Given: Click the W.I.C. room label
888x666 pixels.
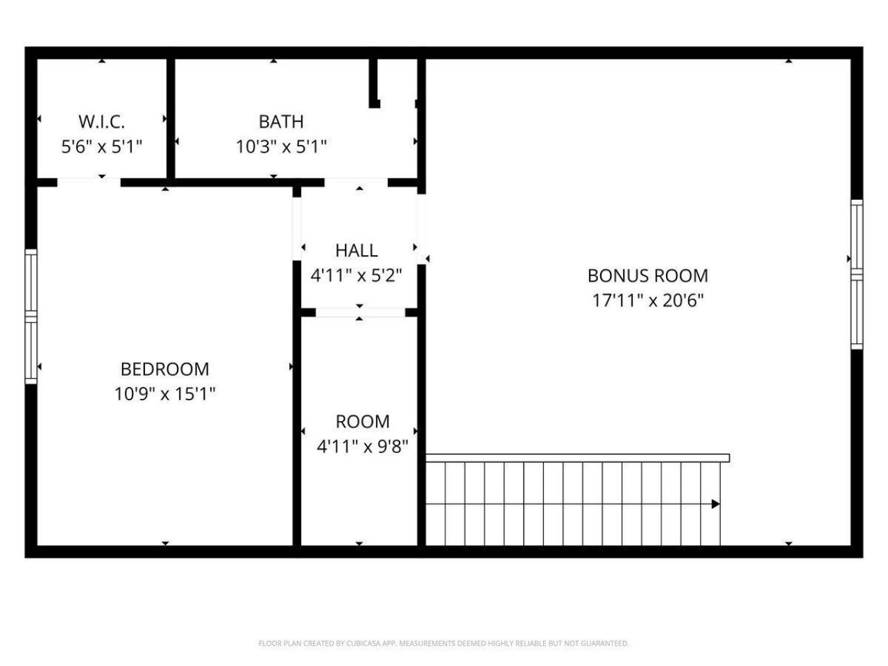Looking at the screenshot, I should pos(102,122).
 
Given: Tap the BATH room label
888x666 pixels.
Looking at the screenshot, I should pos(281,121).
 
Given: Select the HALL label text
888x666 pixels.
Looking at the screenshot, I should pos(357,250).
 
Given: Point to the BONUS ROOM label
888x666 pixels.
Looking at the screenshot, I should pos(648,275).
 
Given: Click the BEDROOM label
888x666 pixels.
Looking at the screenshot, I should pos(165,369).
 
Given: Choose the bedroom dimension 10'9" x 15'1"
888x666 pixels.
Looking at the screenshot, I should pos(165,394).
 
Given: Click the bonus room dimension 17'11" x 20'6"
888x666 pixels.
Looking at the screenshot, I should pos(648,300).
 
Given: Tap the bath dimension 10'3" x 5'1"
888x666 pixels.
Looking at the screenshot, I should pos(281,146).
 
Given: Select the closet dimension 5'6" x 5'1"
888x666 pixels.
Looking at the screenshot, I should pos(102,146).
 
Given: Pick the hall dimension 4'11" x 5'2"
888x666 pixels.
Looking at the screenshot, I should pos(357,275).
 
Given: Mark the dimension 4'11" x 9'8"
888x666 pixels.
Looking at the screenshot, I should pos(362,446).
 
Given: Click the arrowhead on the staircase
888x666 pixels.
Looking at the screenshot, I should pos(715,504).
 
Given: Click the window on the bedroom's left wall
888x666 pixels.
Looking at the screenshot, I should pos(31,316).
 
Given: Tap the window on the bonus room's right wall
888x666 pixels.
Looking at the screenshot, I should pos(857,274).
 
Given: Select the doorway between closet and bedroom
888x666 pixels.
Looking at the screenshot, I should pos(89,182).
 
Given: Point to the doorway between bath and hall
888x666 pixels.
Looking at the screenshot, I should pos(356,182).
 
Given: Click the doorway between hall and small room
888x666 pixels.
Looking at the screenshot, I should pos(360,312).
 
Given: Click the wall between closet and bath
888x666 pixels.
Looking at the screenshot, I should pos(171,118).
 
